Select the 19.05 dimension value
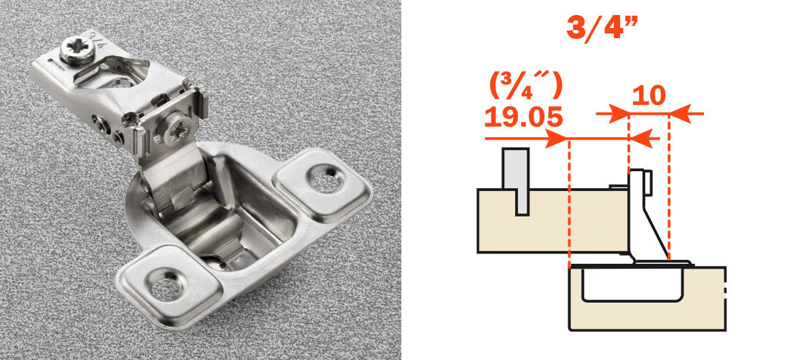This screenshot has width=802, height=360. [x=524, y=117]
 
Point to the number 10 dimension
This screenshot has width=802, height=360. [x=649, y=95]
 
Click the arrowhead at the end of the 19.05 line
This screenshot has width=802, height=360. [x=557, y=138]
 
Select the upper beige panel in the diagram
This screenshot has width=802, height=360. [x=553, y=221]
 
